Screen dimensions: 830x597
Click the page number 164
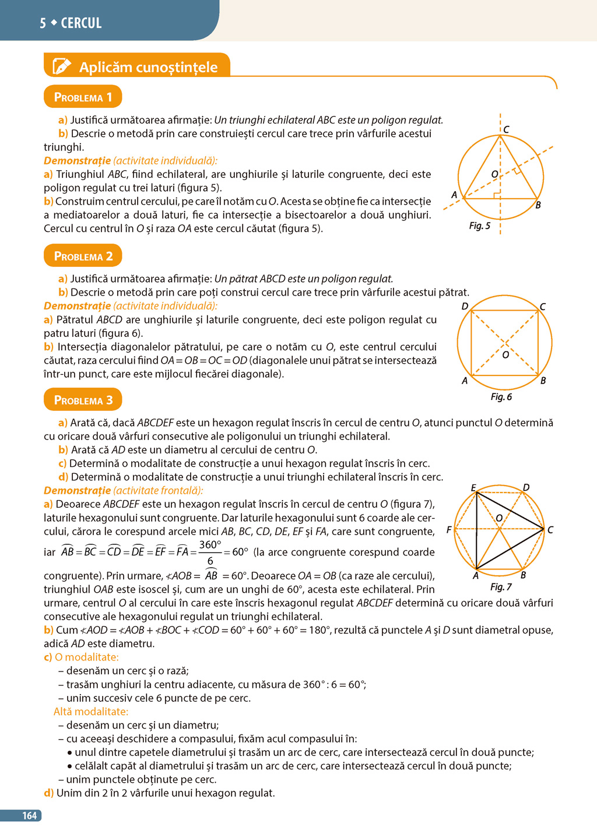click(x=29, y=815)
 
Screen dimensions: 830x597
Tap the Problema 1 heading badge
click(x=83, y=97)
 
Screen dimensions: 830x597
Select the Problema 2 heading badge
click(x=83, y=256)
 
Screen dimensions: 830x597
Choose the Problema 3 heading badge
click(x=83, y=400)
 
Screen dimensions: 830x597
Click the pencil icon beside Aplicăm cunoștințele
click(x=62, y=66)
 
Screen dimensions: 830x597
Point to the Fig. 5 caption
click(x=480, y=226)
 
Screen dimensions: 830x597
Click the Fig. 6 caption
click(x=501, y=397)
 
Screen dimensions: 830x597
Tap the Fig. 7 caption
click(x=501, y=587)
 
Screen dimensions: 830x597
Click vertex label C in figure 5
click(x=506, y=129)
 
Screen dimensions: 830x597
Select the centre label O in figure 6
click(x=505, y=354)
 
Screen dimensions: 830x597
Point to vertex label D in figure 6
click(x=465, y=306)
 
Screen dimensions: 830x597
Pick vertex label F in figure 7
click(x=449, y=530)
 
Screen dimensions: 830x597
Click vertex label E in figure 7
click(x=473, y=487)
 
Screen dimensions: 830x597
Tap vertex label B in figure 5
click(x=538, y=205)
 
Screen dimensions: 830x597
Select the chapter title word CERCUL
click(x=81, y=23)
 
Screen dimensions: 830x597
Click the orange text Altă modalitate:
click(x=91, y=712)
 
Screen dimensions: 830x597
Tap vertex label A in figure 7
click(x=476, y=576)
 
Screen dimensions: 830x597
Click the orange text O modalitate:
click(x=86, y=657)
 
